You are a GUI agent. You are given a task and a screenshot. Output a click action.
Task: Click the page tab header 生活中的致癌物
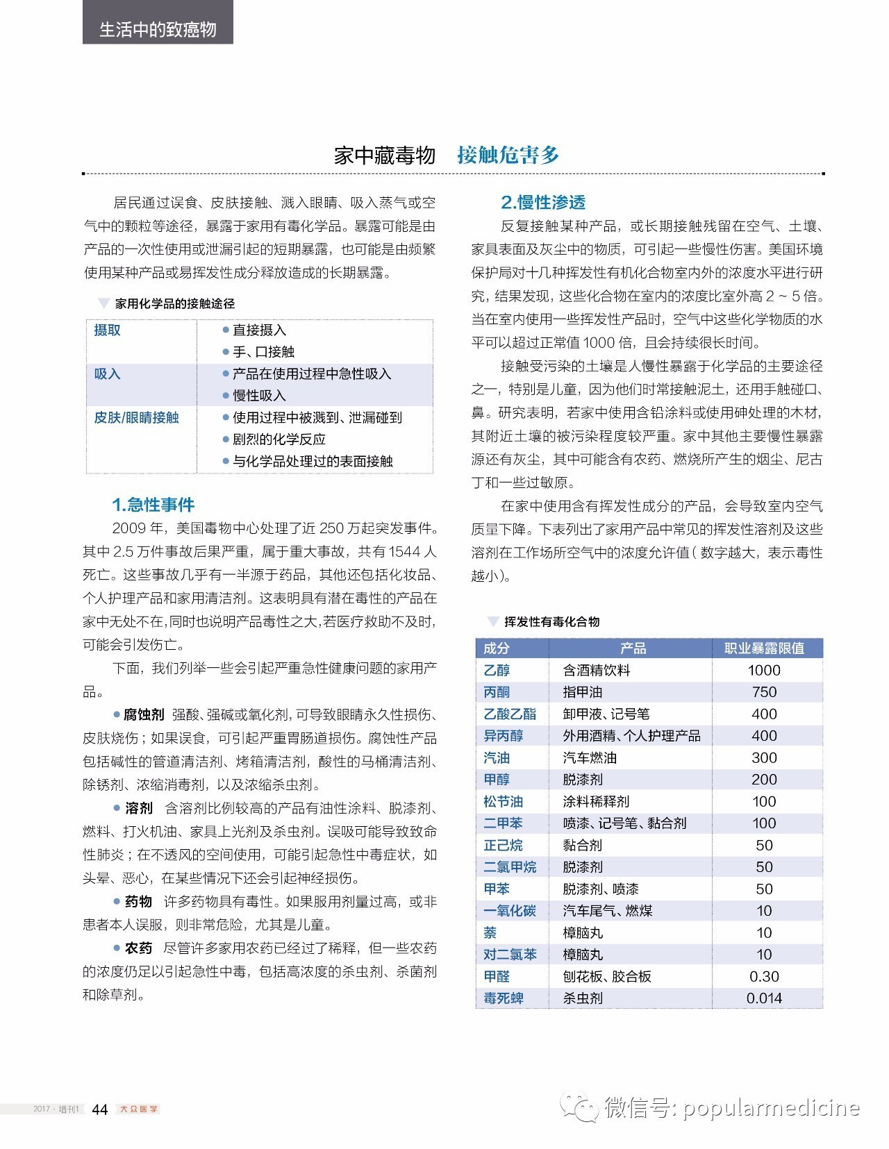(x=158, y=29)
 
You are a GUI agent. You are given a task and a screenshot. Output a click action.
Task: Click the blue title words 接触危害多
(x=508, y=155)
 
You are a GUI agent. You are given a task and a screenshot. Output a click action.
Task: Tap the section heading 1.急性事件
(x=153, y=505)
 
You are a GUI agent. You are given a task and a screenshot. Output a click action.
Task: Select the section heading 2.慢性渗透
(x=543, y=202)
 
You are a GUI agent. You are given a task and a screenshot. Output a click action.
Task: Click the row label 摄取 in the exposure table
(x=108, y=330)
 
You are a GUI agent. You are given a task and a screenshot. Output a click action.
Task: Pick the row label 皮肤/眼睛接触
(x=137, y=417)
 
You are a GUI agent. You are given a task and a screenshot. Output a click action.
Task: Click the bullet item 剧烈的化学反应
(x=279, y=439)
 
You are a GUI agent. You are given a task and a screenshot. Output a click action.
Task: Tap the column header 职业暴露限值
(x=764, y=648)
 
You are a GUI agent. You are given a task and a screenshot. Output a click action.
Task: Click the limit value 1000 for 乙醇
(x=764, y=670)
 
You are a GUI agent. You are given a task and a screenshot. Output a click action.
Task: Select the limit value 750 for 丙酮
(x=764, y=692)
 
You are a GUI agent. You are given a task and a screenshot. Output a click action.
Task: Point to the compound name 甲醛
(x=497, y=976)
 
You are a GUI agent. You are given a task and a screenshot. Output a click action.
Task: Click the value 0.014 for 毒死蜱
(x=764, y=998)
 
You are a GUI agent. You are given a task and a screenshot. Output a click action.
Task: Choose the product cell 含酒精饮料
(x=597, y=670)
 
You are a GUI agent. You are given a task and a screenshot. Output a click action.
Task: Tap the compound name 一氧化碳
(x=510, y=911)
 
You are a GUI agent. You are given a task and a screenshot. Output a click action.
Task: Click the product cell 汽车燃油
(x=590, y=757)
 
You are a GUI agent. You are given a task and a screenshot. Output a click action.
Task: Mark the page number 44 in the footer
(x=100, y=1109)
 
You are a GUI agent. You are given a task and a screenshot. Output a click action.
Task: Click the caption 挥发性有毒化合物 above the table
(x=551, y=621)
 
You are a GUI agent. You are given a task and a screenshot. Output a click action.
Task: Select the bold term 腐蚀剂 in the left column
(x=144, y=714)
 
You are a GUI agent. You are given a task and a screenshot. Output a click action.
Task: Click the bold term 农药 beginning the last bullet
(x=138, y=948)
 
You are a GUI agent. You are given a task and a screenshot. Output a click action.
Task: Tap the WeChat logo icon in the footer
(x=580, y=1107)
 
